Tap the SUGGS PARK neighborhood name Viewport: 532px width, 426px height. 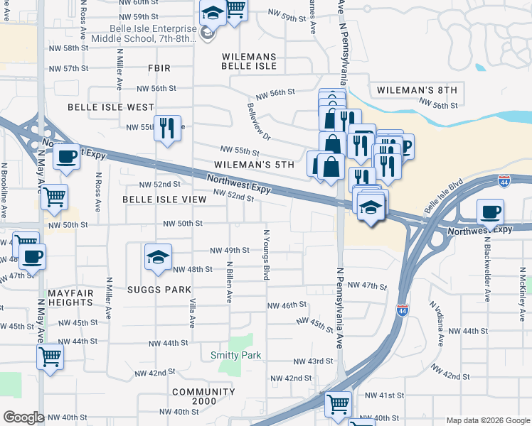point(159,290)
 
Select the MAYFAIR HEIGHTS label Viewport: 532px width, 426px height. point(71,297)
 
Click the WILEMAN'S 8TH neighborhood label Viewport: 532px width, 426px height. point(416,89)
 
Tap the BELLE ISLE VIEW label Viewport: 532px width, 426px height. point(164,200)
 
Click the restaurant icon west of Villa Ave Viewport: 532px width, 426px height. point(167,129)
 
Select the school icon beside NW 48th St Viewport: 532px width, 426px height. point(158,257)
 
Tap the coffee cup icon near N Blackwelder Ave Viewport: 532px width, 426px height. point(490,212)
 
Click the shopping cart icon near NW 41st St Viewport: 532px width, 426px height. point(338,404)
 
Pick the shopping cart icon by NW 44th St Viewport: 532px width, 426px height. point(50,356)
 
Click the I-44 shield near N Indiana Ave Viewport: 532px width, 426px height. point(403,309)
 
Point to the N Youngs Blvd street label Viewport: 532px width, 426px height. point(267,253)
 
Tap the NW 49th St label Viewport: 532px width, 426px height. point(230,250)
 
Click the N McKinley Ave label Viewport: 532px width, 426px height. point(523,290)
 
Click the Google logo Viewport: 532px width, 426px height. point(23,417)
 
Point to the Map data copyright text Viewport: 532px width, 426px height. point(488,420)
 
